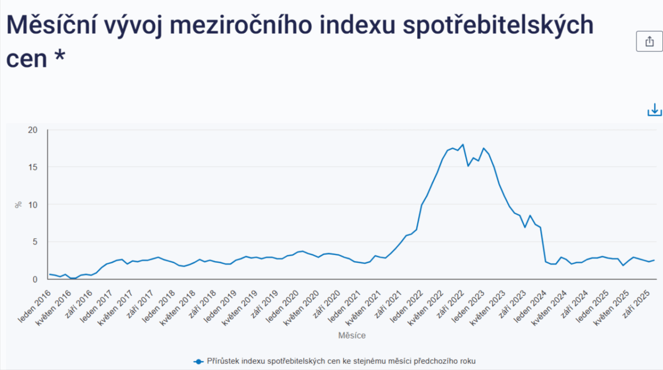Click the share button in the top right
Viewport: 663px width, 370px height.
[649, 41]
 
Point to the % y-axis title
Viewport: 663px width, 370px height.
[18, 204]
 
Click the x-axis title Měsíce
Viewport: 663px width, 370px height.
[351, 335]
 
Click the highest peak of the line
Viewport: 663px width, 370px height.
[462, 145]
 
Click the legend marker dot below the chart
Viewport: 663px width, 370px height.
[198, 361]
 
